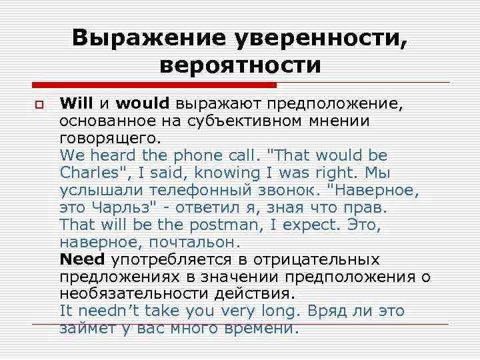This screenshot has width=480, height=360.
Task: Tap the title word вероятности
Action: point(241,66)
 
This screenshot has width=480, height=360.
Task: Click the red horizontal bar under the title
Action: point(154,85)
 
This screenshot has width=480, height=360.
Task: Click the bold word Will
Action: point(77,103)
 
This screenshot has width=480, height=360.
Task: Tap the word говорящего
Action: point(109,139)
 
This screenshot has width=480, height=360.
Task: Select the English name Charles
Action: point(88,172)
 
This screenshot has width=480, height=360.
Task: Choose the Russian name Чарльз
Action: point(128,207)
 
